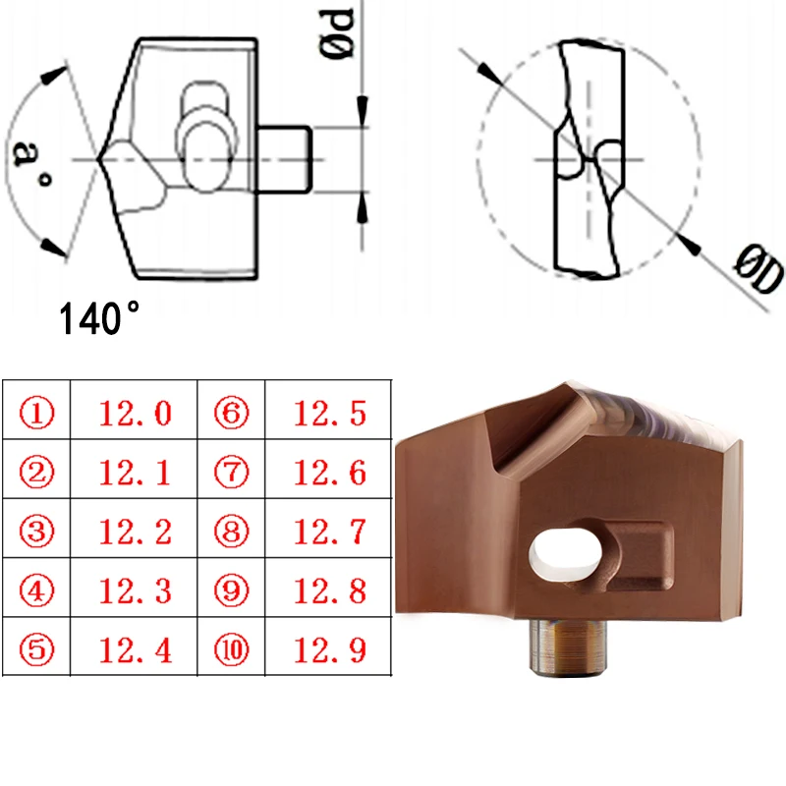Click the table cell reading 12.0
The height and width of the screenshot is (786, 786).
[x=136, y=414]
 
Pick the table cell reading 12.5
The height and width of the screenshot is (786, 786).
[x=330, y=414]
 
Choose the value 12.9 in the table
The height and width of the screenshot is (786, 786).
[x=330, y=649]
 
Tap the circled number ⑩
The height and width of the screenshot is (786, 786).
[x=232, y=649]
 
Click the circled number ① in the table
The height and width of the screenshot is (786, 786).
[x=36, y=414]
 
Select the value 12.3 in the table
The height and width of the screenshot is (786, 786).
[x=136, y=590]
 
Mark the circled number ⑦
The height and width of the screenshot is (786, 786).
[x=232, y=473]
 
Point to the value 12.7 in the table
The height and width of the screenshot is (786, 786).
[x=330, y=532]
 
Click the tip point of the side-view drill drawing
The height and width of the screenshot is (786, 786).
[x=99, y=158]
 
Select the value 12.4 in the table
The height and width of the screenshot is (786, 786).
[x=136, y=649]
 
